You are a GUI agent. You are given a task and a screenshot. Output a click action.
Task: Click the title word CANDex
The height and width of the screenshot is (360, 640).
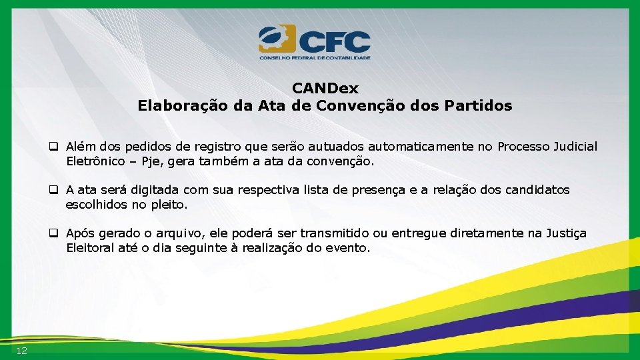coord(325,89)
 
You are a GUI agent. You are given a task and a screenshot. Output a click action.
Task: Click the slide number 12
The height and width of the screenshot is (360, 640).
coord(22,351)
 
